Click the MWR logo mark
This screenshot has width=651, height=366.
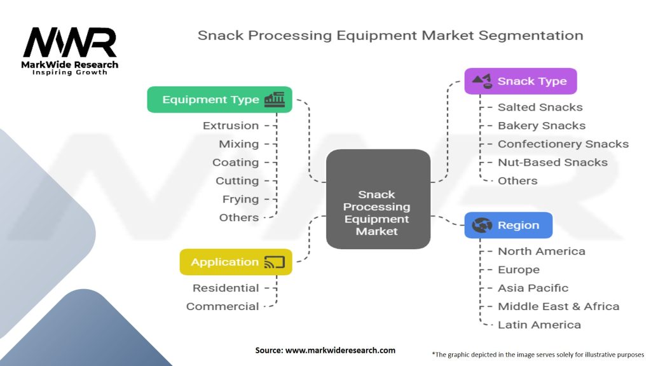(x=70, y=43)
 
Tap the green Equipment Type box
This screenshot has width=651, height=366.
(x=219, y=100)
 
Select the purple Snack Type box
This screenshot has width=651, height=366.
(x=521, y=81)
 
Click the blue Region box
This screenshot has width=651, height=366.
(x=508, y=226)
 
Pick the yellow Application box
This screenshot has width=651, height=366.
(x=236, y=262)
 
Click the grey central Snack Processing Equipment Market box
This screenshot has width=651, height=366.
(x=378, y=199)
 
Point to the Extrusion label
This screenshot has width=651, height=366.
(x=230, y=126)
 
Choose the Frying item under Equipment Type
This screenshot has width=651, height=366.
(x=240, y=200)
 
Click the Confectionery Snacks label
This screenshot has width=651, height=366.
(x=563, y=144)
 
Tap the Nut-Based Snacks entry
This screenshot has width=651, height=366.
(x=552, y=162)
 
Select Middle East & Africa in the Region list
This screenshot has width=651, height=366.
(x=558, y=306)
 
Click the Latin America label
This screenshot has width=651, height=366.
(x=539, y=325)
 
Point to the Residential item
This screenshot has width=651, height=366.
(x=226, y=288)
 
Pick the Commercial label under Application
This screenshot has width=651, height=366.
(x=223, y=307)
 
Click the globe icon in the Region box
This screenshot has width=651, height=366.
(x=482, y=226)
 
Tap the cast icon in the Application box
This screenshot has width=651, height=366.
(x=275, y=262)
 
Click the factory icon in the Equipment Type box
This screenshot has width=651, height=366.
(x=275, y=100)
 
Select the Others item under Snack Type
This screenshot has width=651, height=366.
(x=517, y=181)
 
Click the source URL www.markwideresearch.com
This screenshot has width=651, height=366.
(x=341, y=350)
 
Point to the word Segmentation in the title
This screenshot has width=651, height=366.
(x=531, y=36)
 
